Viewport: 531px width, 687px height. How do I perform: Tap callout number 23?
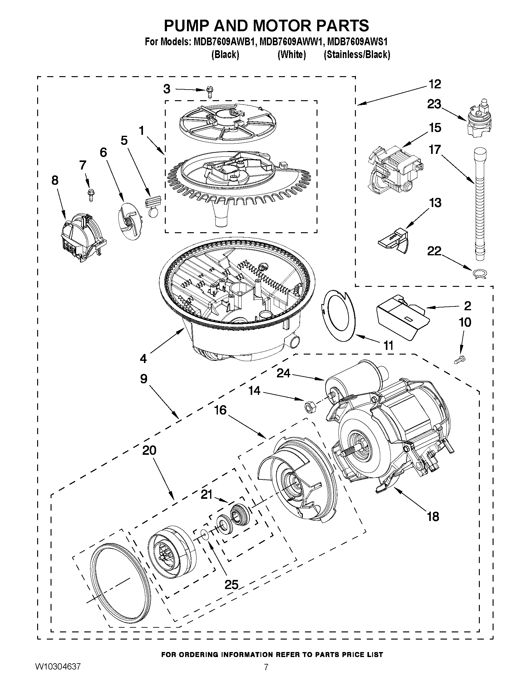click(434, 104)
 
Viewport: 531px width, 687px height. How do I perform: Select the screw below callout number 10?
click(461, 359)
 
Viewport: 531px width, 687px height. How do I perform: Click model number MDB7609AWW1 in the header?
click(293, 42)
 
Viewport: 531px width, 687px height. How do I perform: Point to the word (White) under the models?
click(292, 54)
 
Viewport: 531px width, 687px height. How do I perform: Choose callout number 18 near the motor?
click(433, 517)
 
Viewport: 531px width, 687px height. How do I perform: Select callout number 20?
click(149, 450)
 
